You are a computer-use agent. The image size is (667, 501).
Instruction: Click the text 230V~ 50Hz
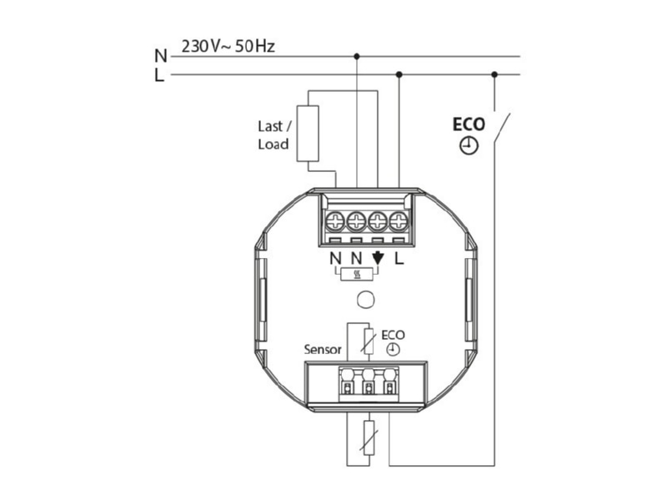tap(228, 46)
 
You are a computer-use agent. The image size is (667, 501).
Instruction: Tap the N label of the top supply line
tap(161, 56)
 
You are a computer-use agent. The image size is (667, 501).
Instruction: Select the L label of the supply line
tap(159, 75)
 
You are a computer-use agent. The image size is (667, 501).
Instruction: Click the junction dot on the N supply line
tap(357, 56)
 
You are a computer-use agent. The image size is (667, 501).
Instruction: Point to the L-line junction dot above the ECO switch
tap(494, 74)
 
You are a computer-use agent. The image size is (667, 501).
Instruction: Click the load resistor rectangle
tap(308, 134)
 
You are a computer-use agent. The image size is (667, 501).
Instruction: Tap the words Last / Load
tap(274, 135)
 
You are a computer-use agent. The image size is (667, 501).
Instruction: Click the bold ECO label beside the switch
tap(469, 124)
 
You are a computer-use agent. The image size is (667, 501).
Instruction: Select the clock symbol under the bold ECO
tap(469, 146)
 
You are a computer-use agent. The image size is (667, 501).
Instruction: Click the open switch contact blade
tap(502, 127)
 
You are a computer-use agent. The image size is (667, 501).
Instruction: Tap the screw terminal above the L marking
tap(399, 221)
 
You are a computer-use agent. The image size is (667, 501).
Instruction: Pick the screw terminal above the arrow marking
tap(378, 221)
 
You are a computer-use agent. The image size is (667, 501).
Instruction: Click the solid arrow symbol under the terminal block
tap(378, 258)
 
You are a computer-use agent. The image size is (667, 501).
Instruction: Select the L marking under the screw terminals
tap(399, 258)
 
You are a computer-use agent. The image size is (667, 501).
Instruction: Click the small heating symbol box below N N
tap(358, 275)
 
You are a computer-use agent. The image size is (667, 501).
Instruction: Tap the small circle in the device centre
tap(365, 300)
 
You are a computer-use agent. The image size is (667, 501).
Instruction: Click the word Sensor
tap(323, 350)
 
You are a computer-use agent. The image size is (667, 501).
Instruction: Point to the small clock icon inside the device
tap(393, 350)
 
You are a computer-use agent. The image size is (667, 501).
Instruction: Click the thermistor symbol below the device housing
tap(369, 438)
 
